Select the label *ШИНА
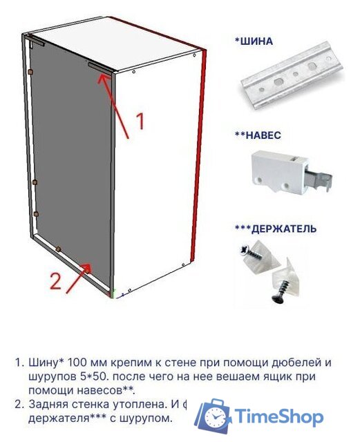(254, 41)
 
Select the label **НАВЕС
(258, 136)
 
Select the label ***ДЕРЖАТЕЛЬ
(276, 228)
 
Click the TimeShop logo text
(278, 417)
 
